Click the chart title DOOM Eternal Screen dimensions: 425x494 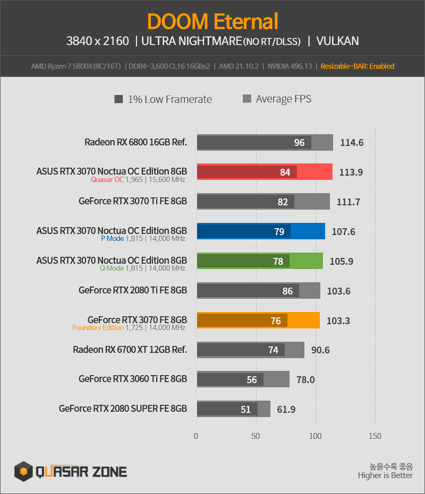point(212,21)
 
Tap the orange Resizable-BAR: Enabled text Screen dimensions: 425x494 point(358,66)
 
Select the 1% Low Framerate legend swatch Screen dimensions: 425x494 point(118,99)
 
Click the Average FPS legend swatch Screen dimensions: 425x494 point(247,99)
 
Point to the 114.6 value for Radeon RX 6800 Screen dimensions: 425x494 point(352,143)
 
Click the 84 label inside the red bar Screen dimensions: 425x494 point(285,172)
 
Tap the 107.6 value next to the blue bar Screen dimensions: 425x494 point(343,232)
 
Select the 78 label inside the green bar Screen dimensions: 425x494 point(278,262)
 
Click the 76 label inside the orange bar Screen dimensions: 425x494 point(276,321)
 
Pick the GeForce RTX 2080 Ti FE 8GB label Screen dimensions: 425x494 point(133,290)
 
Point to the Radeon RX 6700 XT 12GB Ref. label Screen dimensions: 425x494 point(130,350)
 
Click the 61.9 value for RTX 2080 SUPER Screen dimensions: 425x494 point(286,410)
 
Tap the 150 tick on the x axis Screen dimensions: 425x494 point(375,436)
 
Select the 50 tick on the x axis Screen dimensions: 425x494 point(256,436)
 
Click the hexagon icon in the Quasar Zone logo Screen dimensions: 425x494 point(23,471)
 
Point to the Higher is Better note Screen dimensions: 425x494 point(385,475)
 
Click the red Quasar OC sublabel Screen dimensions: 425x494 point(107,179)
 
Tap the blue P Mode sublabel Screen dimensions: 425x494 point(112,238)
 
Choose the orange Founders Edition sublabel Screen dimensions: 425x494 point(98,328)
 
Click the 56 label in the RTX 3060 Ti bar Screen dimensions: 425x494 point(252,380)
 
